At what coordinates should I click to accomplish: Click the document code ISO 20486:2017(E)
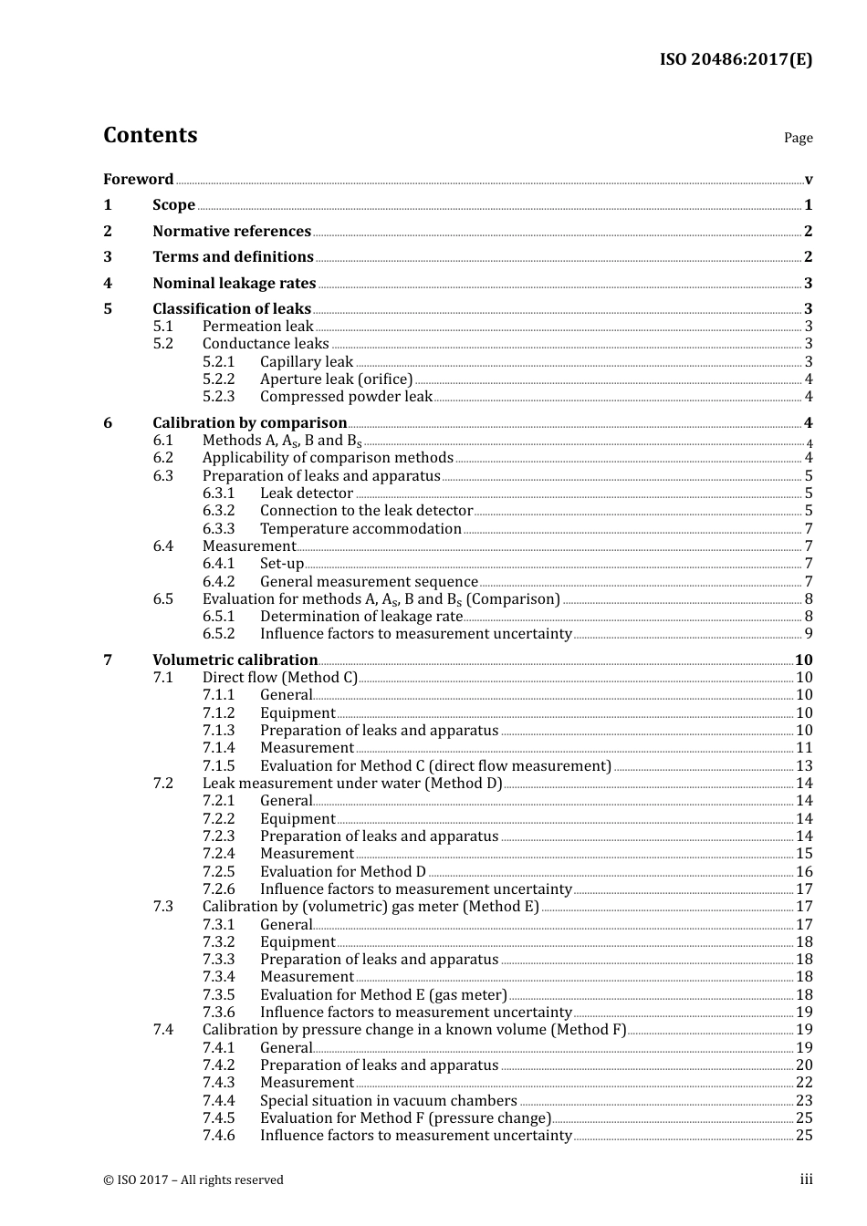pos(736,59)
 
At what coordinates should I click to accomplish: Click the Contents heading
pos(150,135)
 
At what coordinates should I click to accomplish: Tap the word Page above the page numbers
pos(798,138)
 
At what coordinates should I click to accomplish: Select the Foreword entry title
pos(138,179)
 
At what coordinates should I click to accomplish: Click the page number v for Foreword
pos(808,180)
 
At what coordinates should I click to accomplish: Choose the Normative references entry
pos(232,231)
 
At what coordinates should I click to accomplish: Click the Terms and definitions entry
pos(233,256)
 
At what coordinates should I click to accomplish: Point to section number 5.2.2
pos(218,379)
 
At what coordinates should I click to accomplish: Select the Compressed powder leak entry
pos(346,396)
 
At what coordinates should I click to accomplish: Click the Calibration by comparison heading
pos(249,422)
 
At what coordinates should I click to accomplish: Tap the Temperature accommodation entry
pos(360,528)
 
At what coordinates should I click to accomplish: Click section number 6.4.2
pos(218,581)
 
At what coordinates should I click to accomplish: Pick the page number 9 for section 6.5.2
pos(808,633)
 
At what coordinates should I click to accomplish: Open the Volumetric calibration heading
pos(235,660)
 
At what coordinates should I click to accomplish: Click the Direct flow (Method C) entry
pos(280,677)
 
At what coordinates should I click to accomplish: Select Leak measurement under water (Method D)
pos(352,783)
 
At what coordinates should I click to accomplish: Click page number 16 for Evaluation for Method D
pos(803,871)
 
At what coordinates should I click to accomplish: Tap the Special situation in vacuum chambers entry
pos(388,1100)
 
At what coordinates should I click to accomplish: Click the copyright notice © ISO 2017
pos(193,1179)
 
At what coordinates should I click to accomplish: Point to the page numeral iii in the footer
pos(806,1179)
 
